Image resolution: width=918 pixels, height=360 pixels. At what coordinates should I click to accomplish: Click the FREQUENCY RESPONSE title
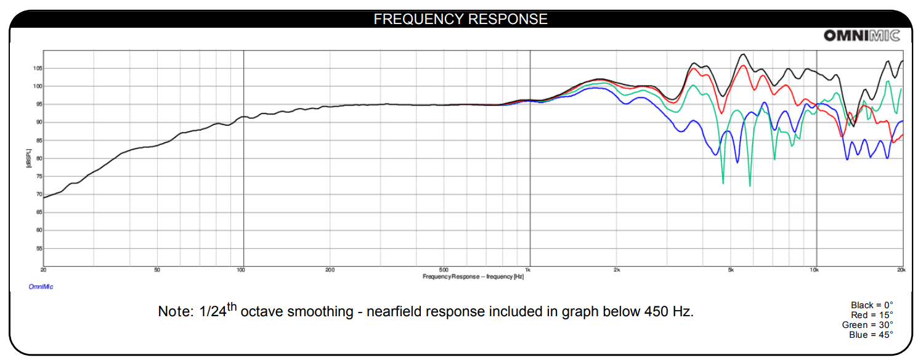[460, 19]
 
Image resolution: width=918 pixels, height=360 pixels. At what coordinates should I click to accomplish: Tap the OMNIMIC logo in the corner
[861, 36]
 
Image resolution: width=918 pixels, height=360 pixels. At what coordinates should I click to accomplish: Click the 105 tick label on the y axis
[38, 68]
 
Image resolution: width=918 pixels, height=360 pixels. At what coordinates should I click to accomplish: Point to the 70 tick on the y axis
[38, 194]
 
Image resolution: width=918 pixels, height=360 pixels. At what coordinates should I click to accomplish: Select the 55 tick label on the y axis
[38, 248]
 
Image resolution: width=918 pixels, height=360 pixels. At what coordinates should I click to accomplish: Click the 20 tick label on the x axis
[44, 270]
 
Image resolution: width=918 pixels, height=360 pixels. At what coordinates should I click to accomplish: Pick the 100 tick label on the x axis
[242, 270]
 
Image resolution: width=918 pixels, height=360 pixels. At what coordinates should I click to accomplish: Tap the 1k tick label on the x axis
[528, 270]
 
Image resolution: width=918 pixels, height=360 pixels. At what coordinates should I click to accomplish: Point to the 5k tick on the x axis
[731, 270]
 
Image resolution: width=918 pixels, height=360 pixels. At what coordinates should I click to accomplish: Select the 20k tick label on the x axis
[900, 270]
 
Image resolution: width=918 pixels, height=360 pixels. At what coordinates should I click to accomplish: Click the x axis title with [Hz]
[473, 277]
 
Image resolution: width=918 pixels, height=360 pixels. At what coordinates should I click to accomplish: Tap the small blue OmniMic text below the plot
[41, 287]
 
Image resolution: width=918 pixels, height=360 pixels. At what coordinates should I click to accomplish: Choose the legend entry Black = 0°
[872, 305]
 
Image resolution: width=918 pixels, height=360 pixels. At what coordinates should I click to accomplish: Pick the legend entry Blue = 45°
[871, 335]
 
